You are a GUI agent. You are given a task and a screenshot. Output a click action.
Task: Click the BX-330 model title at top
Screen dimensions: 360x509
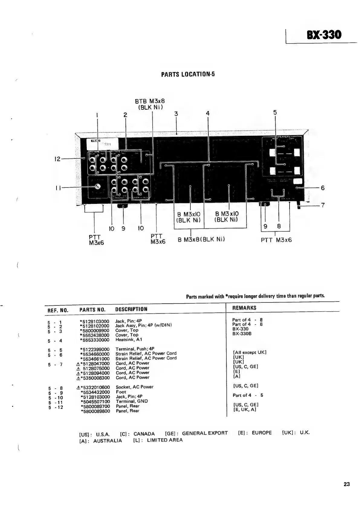click(x=324, y=35)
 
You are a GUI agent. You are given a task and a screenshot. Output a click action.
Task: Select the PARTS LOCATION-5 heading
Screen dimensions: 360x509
click(x=188, y=74)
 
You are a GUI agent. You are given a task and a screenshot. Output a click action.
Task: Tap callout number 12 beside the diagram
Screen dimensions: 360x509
click(x=57, y=159)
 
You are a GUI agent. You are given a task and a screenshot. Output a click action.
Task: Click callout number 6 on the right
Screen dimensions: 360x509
click(x=323, y=188)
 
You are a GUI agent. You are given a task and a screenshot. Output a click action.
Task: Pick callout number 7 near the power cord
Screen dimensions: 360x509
click(x=323, y=205)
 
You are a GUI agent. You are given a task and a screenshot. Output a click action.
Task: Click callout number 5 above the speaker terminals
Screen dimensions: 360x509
click(x=275, y=112)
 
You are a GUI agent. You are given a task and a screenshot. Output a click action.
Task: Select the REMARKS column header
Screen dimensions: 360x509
click(x=244, y=308)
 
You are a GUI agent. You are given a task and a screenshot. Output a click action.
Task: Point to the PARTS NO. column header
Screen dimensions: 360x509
click(x=92, y=310)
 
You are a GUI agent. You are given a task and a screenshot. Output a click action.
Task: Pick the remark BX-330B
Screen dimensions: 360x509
click(x=242, y=334)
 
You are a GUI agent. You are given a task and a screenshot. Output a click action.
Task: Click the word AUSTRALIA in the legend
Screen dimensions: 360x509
click(x=107, y=441)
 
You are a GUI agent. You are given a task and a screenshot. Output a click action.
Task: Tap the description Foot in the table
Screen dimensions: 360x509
click(x=121, y=392)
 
